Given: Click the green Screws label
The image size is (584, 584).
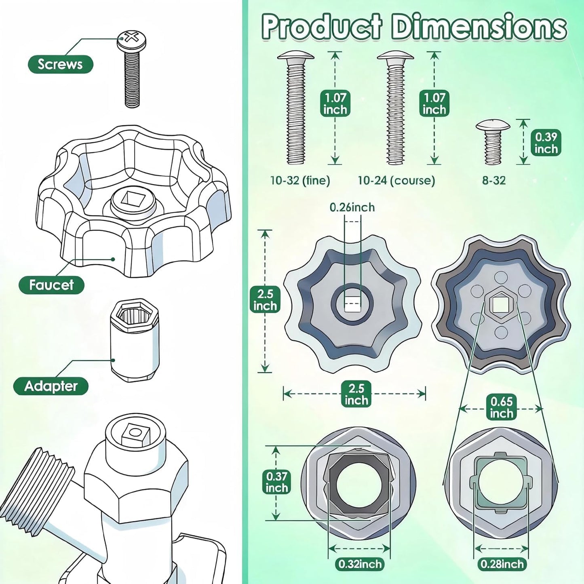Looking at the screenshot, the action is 60,64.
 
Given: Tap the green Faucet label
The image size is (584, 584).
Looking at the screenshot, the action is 51,285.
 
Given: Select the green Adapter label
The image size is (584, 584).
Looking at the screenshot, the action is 51,386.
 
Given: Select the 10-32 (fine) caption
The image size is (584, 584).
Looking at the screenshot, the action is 300,181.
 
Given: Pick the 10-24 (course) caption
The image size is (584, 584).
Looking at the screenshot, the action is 396,181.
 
